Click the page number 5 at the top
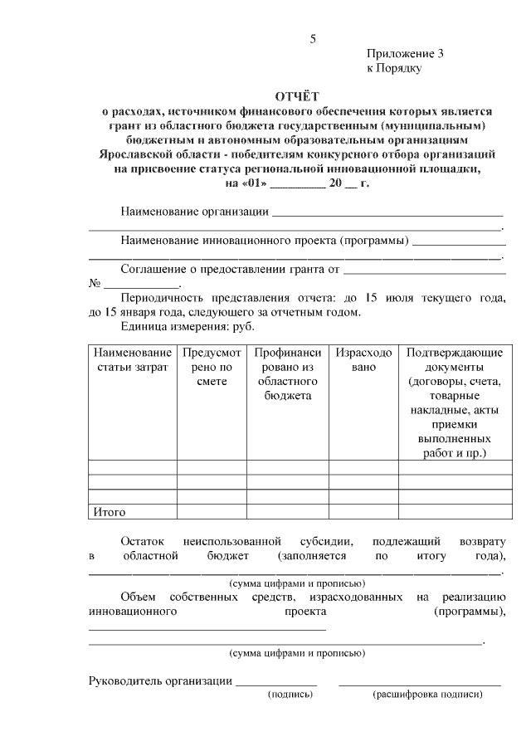[x=312, y=38]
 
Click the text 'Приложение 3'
[x=405, y=54]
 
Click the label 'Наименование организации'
[x=194, y=212]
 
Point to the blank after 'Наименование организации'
[x=387, y=214]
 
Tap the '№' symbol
[x=95, y=283]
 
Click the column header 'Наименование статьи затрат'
[x=132, y=360]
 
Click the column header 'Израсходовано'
[x=363, y=360]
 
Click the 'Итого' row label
[x=109, y=512]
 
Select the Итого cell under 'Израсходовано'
[x=363, y=512]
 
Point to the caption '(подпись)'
[x=290, y=695]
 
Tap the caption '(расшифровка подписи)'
[x=428, y=695]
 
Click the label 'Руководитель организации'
[x=159, y=681]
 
